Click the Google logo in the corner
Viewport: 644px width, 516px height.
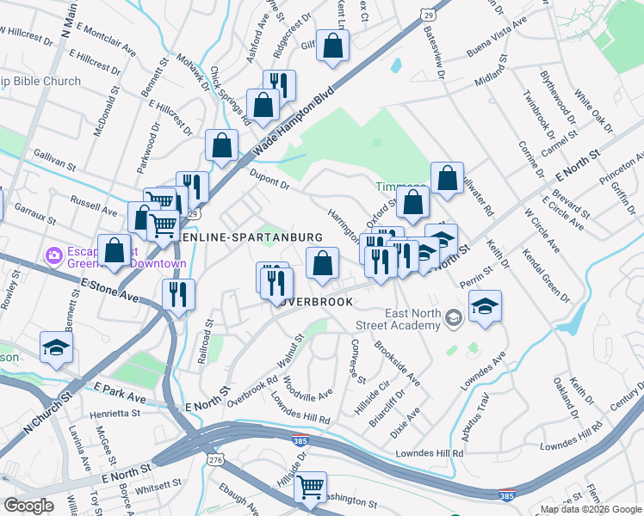pyautogui.click(x=28, y=506)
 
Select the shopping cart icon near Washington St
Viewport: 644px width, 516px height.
pyautogui.click(x=310, y=488)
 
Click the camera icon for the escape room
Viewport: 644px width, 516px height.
pyautogui.click(x=53, y=255)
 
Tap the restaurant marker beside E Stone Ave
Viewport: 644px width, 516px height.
pyautogui.click(x=178, y=295)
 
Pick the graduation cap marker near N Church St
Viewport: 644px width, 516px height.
pyautogui.click(x=56, y=347)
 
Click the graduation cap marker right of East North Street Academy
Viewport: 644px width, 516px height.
pyautogui.click(x=486, y=306)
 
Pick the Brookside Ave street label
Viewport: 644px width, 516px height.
pyautogui.click(x=397, y=365)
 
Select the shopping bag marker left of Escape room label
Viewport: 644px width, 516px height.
pyautogui.click(x=114, y=251)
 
